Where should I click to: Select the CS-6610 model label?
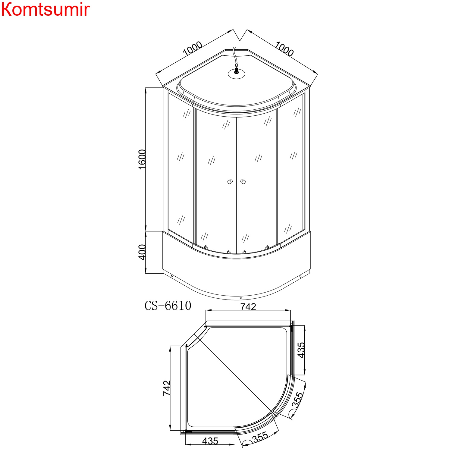tap(168, 306)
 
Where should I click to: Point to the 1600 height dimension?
tap(142, 159)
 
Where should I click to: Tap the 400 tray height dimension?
tap(142, 252)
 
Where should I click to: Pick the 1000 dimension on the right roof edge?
tap(284, 49)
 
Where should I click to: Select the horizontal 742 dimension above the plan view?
tap(248, 306)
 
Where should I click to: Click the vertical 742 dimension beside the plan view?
tap(167, 388)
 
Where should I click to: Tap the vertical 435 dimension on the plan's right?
tap(301, 350)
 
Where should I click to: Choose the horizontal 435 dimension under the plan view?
tap(210, 441)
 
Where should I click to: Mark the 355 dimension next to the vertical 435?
tap(297, 400)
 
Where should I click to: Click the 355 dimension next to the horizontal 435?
tap(260, 437)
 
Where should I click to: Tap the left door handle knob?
tap(230, 181)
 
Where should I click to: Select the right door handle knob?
tap(243, 181)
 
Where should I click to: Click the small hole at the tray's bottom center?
tap(240, 298)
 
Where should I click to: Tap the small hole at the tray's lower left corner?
tap(171, 276)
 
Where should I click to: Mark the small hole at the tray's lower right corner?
tap(300, 276)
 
